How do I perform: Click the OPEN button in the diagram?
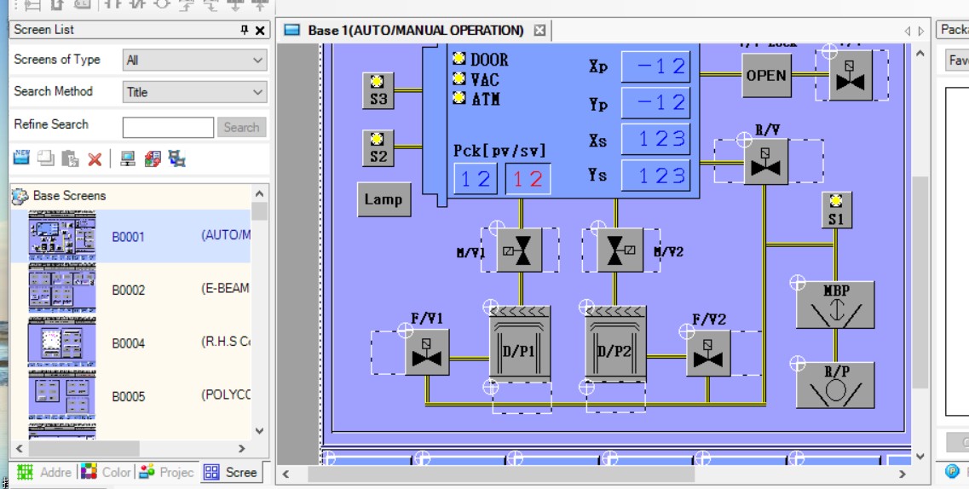[766, 75]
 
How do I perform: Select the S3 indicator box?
[378, 90]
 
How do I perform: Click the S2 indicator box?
[378, 148]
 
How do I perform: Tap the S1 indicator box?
[836, 210]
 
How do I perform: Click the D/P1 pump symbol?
[520, 343]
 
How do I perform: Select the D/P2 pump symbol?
[615, 343]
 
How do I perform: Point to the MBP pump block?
[835, 304]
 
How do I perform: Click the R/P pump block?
[835, 384]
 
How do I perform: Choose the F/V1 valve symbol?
[427, 353]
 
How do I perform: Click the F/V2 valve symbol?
[708, 353]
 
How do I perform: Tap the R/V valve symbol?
[765, 162]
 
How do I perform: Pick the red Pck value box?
[528, 179]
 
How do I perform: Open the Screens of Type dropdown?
[194, 60]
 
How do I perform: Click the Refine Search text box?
[168, 128]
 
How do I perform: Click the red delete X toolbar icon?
[95, 159]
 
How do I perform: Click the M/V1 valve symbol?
[518, 250]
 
